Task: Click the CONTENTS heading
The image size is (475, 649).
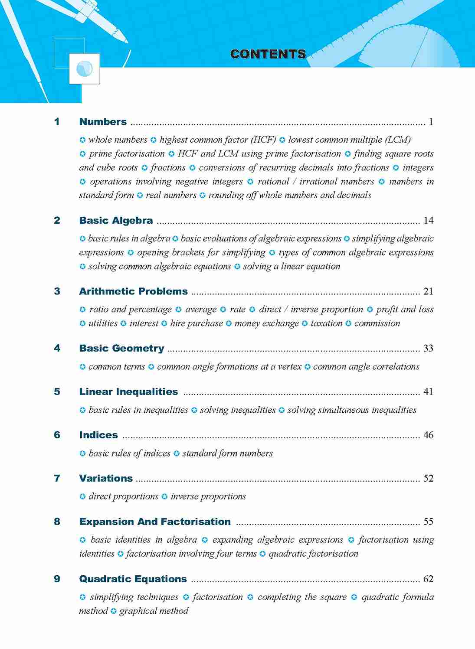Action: coord(268,54)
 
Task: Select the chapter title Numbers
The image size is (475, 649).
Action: coord(103,122)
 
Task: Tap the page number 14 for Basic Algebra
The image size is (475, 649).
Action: coord(428,221)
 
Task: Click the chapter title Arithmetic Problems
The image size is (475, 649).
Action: coord(133,291)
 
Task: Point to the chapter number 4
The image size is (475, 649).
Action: coord(57,348)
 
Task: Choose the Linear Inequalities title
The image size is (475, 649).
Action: coord(128,391)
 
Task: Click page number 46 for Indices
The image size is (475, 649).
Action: coord(428,435)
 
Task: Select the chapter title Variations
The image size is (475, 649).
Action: coord(106,478)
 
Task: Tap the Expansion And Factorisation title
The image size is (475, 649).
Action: coord(155,522)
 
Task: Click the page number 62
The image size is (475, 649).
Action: coord(428,579)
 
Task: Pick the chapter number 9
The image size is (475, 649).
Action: coord(57,579)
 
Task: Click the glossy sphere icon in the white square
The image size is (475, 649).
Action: coord(84,68)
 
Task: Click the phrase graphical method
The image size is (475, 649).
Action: coord(154,611)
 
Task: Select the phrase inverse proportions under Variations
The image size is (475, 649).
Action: coord(208,496)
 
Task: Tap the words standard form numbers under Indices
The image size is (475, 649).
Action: coord(227,453)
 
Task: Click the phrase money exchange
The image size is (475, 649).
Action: coord(266,323)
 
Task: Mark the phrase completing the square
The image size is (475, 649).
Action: coord(302,597)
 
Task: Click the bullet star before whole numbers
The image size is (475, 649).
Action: coord(82,140)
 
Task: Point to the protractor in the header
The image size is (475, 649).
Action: coord(403,48)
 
